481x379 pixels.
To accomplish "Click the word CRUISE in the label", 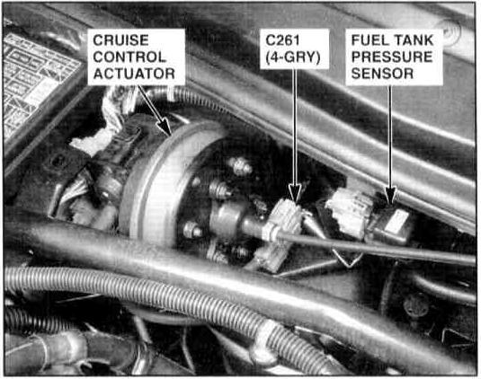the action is (x=120, y=40).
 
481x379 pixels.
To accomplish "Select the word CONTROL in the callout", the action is (x=129, y=57).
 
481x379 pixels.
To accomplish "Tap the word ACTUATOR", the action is (x=134, y=74).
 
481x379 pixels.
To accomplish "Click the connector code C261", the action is (x=282, y=40).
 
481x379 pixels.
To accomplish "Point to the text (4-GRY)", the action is (x=293, y=57).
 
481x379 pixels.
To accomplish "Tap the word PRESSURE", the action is (x=392, y=57).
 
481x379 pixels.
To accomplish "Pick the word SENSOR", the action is (x=382, y=74).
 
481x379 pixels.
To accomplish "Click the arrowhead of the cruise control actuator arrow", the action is (x=165, y=128).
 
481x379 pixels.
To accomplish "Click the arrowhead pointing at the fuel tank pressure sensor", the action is (x=390, y=195).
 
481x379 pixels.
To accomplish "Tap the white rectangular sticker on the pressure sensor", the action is (x=397, y=221).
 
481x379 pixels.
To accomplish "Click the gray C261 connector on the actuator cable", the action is (x=284, y=233).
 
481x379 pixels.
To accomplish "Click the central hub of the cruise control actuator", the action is (x=226, y=220).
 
